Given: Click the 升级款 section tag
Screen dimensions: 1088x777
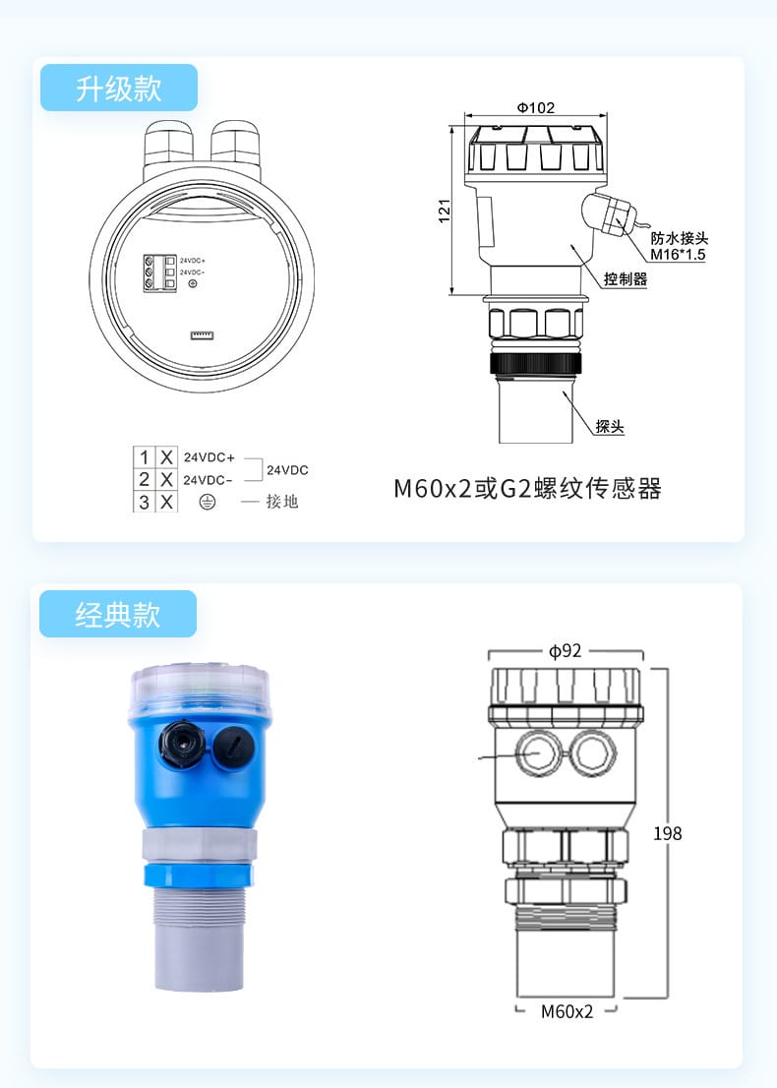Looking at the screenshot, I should coord(118,89).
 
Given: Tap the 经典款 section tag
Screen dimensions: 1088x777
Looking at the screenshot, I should coord(118,615).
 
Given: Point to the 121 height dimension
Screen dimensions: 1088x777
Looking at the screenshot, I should coord(444,210).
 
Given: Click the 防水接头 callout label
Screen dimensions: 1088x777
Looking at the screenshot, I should coord(680,239).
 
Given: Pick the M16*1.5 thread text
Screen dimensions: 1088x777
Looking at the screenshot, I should coord(678,255).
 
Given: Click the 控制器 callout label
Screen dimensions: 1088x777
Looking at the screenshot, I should coord(626,279).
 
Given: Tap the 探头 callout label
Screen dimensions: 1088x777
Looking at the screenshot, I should coord(610,427).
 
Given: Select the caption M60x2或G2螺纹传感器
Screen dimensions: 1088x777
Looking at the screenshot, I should coord(527,488).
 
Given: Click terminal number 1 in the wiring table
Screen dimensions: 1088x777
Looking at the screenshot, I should coord(145,457).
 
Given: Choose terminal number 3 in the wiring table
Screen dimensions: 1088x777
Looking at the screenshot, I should coord(145,502).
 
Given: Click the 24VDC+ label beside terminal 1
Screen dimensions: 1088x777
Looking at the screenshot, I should coord(209,457).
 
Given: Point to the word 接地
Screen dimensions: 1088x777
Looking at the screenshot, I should coord(281,502).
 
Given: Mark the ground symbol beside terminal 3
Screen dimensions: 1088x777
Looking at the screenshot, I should coord(208,502).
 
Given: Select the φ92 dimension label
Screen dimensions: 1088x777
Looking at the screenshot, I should coord(567,650).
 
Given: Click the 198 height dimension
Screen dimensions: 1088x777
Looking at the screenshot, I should coord(667,834).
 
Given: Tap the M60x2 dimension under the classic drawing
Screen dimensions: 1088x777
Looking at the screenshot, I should coord(568,1011).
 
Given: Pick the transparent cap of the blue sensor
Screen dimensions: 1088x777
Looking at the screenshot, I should coord(200,689).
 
